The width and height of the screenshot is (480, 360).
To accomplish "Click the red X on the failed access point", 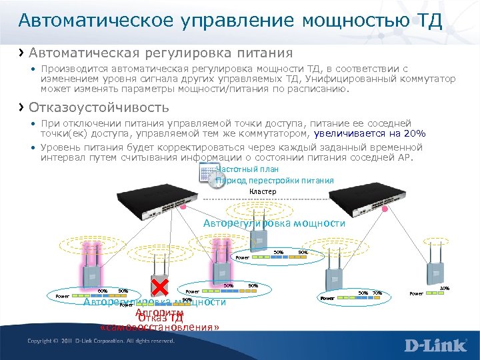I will click(159, 287).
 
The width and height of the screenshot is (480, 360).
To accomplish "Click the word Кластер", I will click(262, 192).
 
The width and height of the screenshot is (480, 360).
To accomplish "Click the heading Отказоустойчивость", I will click(99, 107).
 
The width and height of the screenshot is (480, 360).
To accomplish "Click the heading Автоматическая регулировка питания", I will click(161, 52).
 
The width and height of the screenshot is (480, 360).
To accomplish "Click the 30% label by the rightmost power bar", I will click(445, 289).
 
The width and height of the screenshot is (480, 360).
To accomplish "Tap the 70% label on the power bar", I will click(377, 293).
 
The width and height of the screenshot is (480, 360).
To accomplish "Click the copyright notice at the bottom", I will click(101, 341).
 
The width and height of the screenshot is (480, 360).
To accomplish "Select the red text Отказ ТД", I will click(160, 317).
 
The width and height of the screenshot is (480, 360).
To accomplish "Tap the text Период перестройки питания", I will click(275, 181).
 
